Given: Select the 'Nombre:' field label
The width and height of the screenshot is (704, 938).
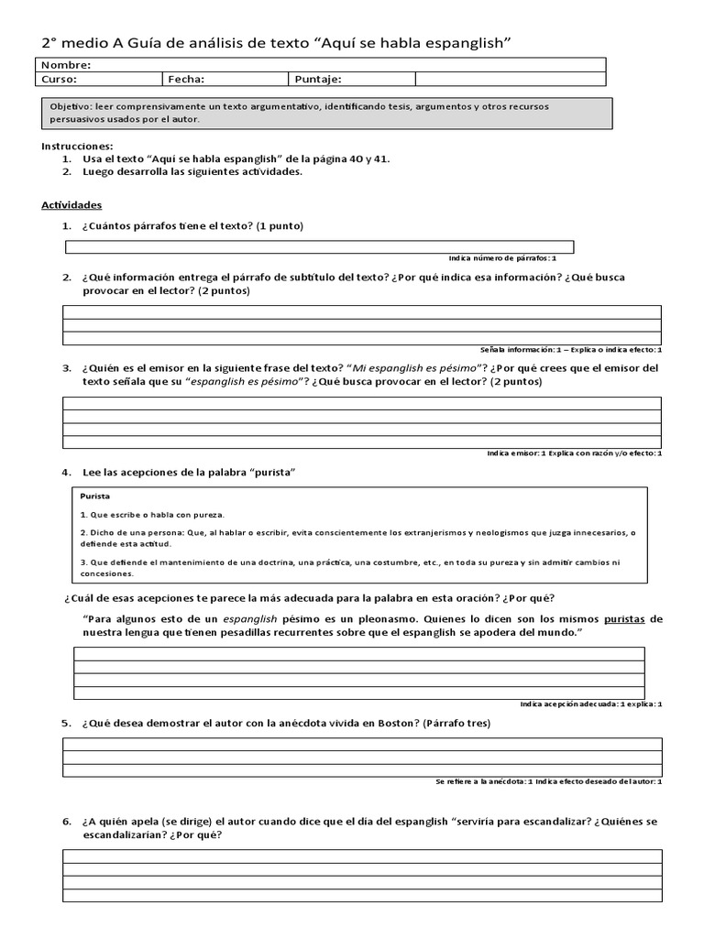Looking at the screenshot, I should click(x=66, y=65).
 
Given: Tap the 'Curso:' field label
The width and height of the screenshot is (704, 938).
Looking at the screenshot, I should click(x=60, y=79).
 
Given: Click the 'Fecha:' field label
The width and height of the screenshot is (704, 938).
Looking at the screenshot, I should click(x=187, y=79).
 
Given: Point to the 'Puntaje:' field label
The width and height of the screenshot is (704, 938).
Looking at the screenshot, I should click(x=318, y=79).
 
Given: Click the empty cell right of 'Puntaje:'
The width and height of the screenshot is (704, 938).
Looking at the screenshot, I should click(x=510, y=79).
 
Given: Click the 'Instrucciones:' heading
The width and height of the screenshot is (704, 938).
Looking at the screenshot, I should click(x=78, y=146).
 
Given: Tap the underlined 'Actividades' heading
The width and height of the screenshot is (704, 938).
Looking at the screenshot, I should click(x=72, y=205).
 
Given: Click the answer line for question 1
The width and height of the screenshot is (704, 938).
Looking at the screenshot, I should click(x=319, y=246).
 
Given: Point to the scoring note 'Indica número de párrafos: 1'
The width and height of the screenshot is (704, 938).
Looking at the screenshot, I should click(x=502, y=258).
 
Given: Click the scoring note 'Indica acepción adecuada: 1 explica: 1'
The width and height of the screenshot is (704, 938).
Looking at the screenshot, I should click(x=590, y=703).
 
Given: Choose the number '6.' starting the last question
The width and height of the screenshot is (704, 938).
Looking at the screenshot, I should click(x=67, y=822).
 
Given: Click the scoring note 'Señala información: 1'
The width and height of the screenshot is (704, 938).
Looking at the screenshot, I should click(x=522, y=349).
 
